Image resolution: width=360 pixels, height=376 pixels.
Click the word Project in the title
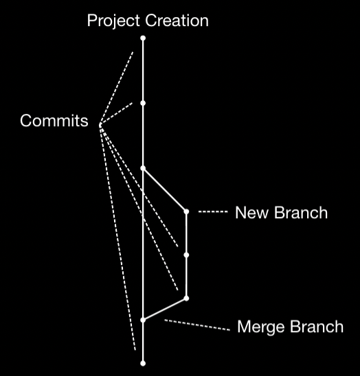tap(113, 21)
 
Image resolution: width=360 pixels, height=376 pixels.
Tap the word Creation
tap(177, 21)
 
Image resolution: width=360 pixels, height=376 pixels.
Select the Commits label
tap(54, 120)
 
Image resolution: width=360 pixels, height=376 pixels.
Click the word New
tap(251, 213)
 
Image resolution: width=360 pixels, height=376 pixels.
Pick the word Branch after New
tap(301, 213)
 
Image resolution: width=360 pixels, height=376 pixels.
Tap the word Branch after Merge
tap(317, 327)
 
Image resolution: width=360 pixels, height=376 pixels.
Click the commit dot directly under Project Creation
tap(143, 38)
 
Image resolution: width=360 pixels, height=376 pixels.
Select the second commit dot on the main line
tap(143, 103)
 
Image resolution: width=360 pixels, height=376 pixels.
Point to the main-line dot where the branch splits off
tap(143, 168)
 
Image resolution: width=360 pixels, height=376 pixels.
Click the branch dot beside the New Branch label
tap(186, 211)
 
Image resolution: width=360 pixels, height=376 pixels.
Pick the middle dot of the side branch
tap(186, 255)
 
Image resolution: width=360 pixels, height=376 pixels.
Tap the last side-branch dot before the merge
tap(186, 298)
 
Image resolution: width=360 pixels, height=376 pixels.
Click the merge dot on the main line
tap(143, 320)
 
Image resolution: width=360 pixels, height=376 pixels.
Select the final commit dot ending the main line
tap(143, 363)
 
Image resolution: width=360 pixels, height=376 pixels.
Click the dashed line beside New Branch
tap(213, 211)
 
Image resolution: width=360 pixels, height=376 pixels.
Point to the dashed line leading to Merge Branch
tap(197, 325)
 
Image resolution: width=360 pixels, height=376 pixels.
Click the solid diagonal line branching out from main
tap(165, 190)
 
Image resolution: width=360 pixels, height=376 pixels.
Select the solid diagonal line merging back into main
tap(165, 309)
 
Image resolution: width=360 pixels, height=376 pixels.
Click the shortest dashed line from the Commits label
tap(116, 114)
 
